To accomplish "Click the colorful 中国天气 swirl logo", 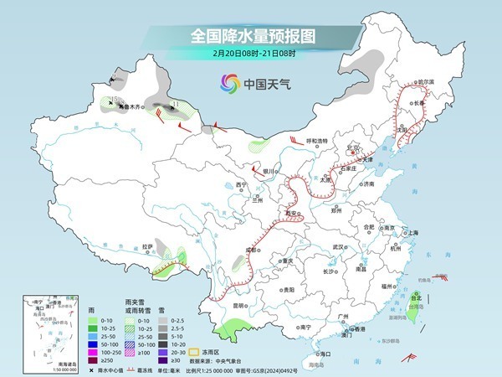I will (229, 83).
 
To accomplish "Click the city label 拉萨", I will (147, 246).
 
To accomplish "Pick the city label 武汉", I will (338, 247).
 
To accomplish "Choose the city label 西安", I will (291, 214).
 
